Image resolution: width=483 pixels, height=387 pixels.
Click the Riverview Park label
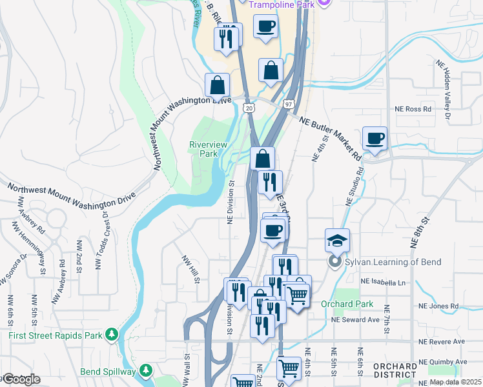click(208, 149)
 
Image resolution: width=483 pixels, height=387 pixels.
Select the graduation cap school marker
click(337, 240)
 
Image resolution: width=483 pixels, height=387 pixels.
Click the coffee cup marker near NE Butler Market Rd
click(375, 138)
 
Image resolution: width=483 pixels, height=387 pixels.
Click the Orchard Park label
click(346, 304)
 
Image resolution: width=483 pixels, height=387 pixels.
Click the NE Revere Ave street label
click(442, 341)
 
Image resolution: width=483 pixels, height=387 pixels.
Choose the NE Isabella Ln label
click(385, 282)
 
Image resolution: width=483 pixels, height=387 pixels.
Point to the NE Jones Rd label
click(438, 306)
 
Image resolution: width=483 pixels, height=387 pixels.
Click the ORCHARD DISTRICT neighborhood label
click(395, 370)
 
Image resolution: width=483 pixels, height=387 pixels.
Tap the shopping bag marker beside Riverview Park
click(263, 158)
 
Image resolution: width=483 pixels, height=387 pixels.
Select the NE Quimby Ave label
click(443, 362)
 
